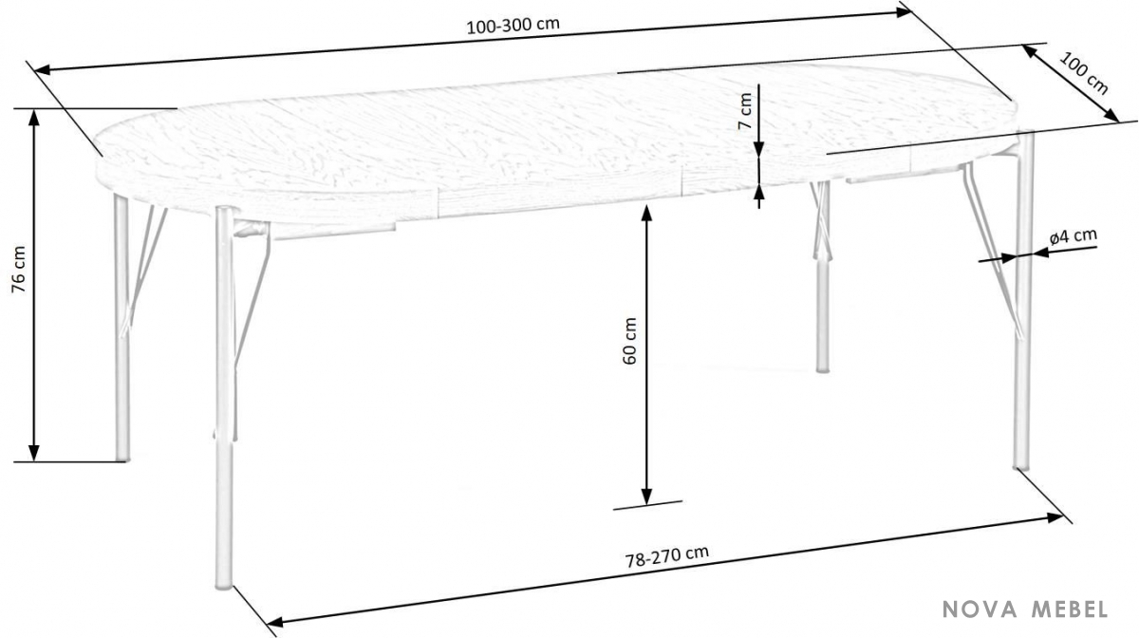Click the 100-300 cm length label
(513, 26)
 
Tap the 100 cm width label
(1084, 74)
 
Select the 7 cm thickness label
(745, 111)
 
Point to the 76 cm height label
(19, 270)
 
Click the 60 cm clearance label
(629, 341)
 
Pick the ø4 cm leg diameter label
(1073, 237)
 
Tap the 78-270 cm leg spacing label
(666, 556)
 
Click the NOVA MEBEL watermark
(1025, 609)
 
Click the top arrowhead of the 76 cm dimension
(34, 117)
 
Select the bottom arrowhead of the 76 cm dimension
(34, 452)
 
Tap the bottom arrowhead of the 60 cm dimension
(646, 496)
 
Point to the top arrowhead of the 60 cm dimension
(646, 214)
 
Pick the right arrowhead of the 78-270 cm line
(1055, 517)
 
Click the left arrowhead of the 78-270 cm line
(275, 622)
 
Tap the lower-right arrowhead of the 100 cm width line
(1111, 116)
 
